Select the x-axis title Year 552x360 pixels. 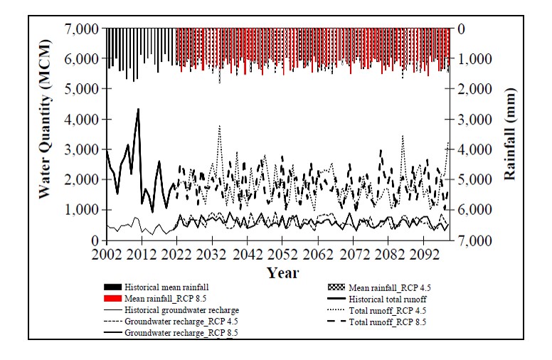click(x=282, y=272)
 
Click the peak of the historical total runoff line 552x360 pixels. click(x=138, y=109)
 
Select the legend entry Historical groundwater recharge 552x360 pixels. click(x=181, y=310)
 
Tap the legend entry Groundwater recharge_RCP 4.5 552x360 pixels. click(x=177, y=322)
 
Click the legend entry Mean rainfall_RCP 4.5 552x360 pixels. click(x=391, y=287)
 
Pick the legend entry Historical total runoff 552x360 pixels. click(x=386, y=299)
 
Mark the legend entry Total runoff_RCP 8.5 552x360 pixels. click(x=386, y=322)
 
